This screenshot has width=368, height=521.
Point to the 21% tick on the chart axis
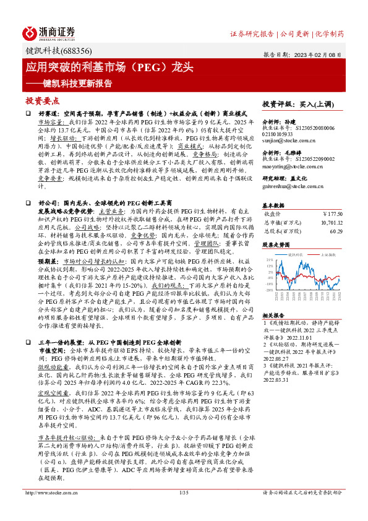point(268,260)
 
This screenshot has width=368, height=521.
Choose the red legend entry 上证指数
point(327,254)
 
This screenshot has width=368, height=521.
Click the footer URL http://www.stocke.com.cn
point(49,510)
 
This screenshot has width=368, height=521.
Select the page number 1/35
point(183,510)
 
